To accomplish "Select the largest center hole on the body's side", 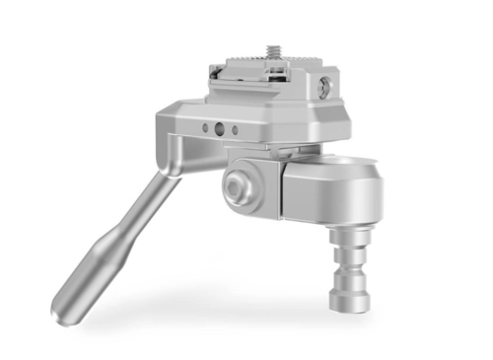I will click(218, 128).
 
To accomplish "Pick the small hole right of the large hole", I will click(233, 129).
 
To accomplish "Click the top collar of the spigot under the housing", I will click(351, 238).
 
